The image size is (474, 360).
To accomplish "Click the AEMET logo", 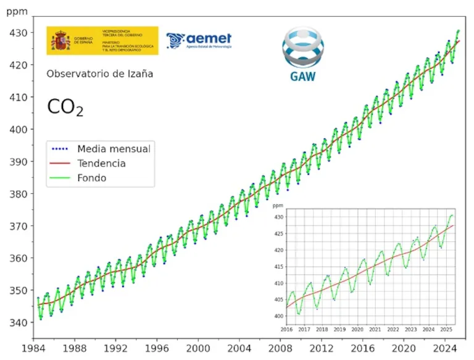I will (199, 41).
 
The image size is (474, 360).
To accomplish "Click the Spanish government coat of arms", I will (61, 41).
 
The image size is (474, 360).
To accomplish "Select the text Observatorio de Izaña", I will (99, 74).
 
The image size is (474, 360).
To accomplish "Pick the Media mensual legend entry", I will (101, 148).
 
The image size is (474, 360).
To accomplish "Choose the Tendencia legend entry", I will (101, 164).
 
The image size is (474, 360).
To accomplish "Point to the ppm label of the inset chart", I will (277, 206).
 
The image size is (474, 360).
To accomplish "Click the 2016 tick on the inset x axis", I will (286, 330).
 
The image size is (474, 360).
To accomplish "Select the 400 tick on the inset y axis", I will (277, 316).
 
